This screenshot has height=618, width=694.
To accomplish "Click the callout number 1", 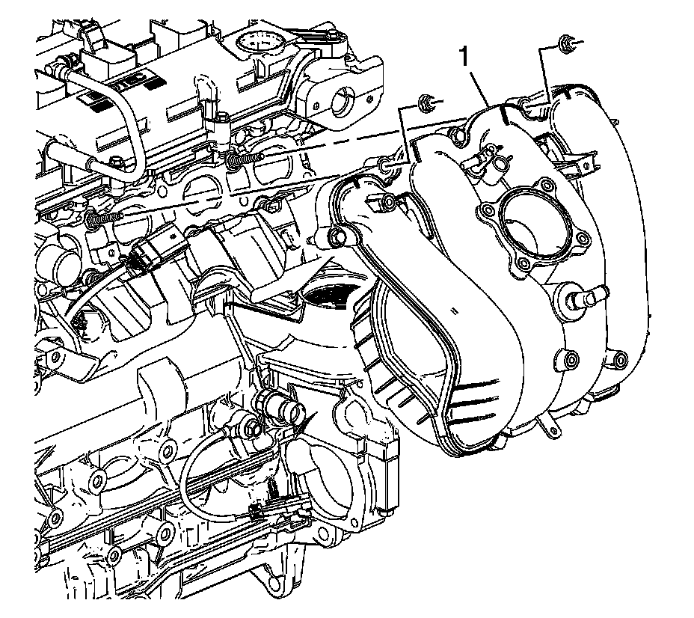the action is click(x=464, y=58).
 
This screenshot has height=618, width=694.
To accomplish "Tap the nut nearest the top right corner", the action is click(x=566, y=43).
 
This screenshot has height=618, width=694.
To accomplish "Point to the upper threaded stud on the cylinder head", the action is click(x=245, y=158).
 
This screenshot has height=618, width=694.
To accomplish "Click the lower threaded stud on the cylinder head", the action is click(x=105, y=217).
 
